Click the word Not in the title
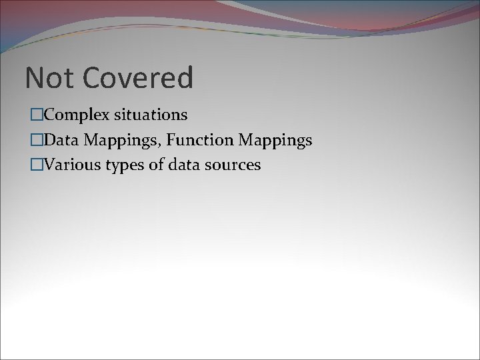[47, 78]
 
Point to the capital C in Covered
[92, 78]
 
